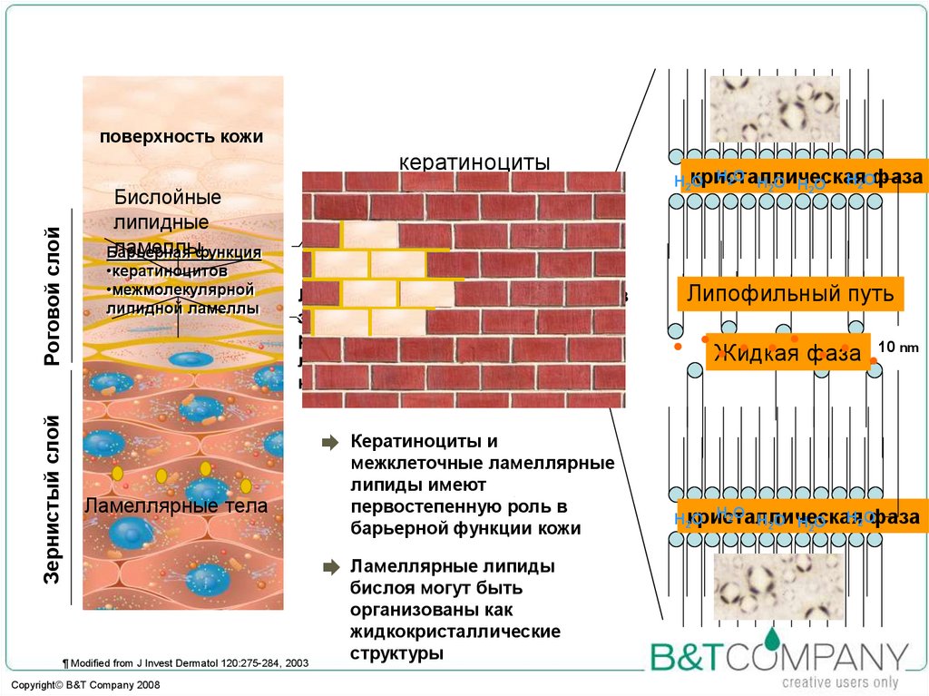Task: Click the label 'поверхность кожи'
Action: [x=181, y=137]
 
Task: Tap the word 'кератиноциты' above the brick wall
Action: [x=474, y=162]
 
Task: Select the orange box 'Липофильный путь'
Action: [x=790, y=293]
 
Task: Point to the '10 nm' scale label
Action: [x=898, y=347]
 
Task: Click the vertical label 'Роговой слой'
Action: [x=53, y=298]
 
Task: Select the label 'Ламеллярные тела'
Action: [x=176, y=506]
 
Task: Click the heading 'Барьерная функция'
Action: [x=184, y=251]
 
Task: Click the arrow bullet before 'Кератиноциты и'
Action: [x=328, y=443]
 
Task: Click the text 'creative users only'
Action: [x=840, y=682]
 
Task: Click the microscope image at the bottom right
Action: [x=778, y=586]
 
